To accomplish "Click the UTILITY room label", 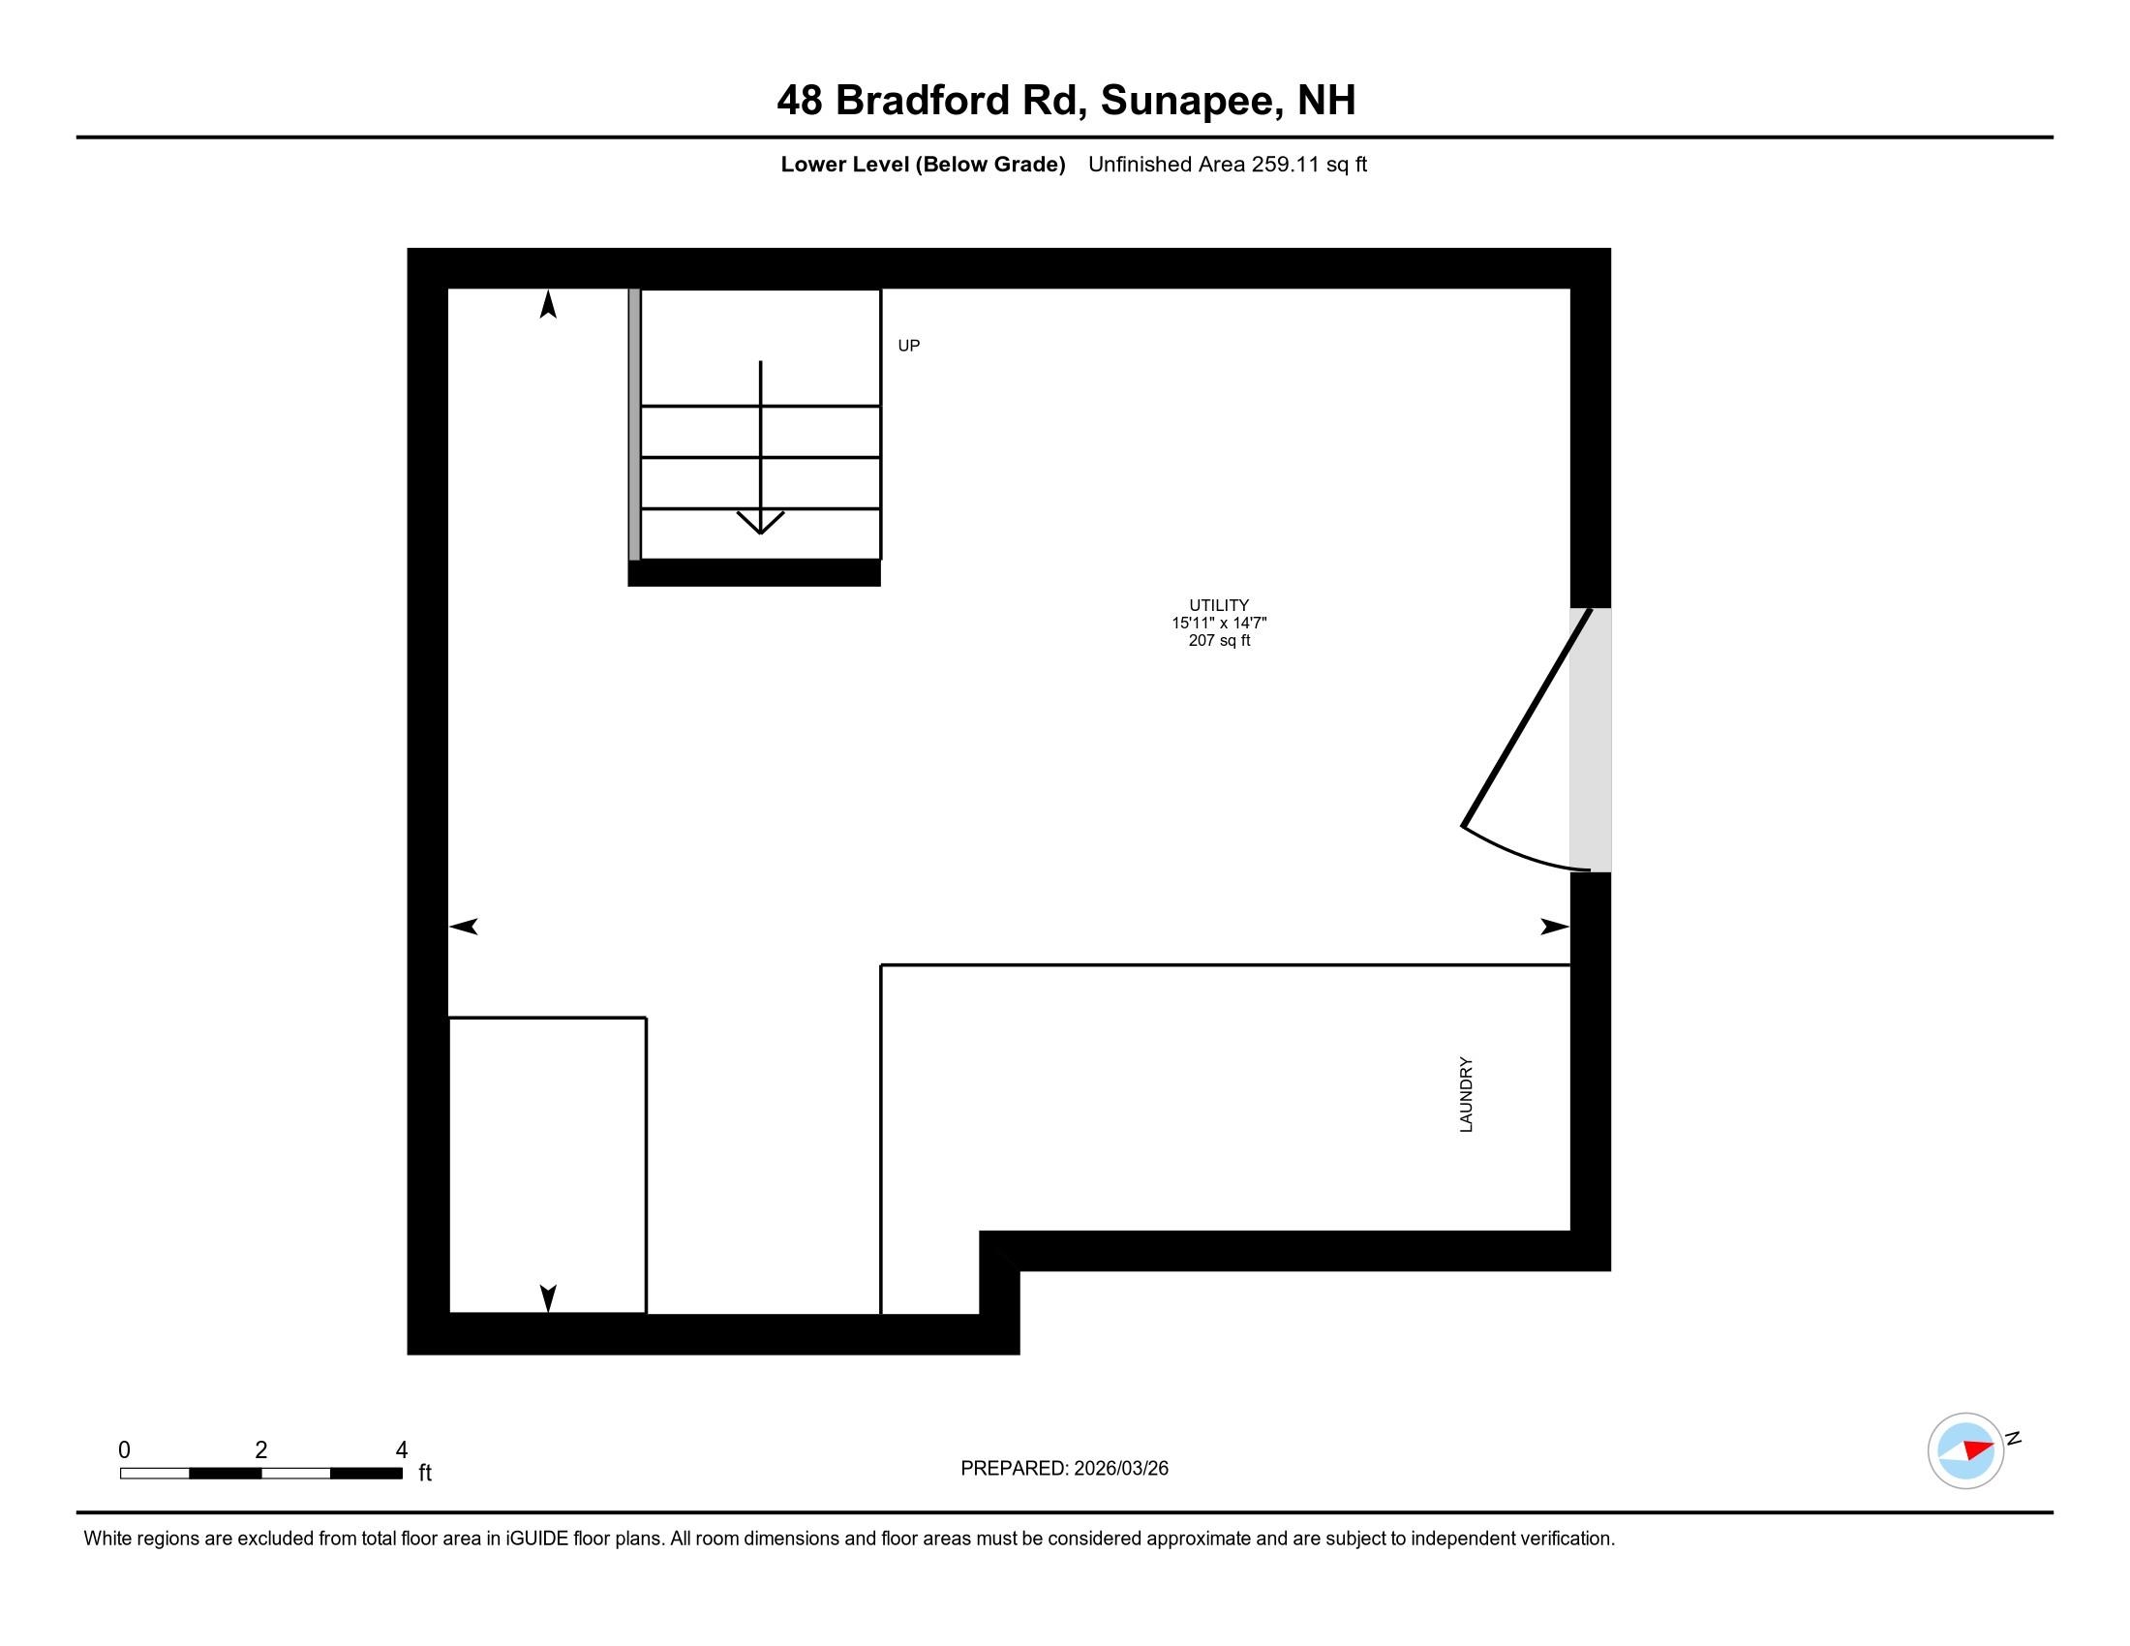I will (1218, 605).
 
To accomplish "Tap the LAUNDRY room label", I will (1466, 1094).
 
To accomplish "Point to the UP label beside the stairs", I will (908, 347).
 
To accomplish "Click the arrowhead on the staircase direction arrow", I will (760, 523).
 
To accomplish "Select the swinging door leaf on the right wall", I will (1526, 717).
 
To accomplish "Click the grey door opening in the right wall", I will (1590, 739).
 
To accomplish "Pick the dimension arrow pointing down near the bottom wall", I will (548, 1297).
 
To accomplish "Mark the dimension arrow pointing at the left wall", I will (464, 927).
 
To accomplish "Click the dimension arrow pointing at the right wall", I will (1554, 927).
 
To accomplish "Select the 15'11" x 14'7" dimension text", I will (1218, 624).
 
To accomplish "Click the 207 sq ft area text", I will (1218, 641).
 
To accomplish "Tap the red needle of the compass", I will (1978, 1448).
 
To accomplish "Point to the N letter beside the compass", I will (2013, 1438).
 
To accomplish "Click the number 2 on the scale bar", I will (261, 1450).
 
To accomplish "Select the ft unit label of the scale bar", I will (424, 1473).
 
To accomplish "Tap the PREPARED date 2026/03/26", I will (1120, 1469).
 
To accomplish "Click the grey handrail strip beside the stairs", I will (634, 424).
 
